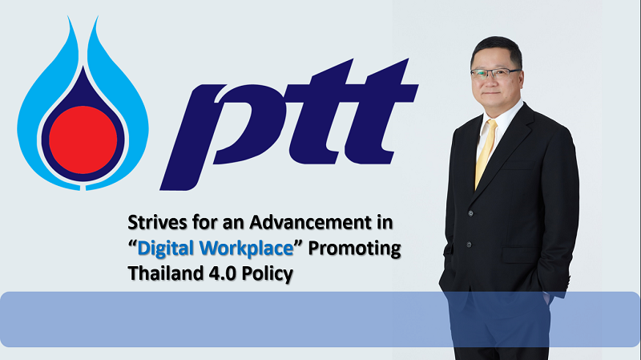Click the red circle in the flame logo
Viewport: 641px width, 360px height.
coord(83,140)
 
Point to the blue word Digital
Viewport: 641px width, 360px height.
coord(166,249)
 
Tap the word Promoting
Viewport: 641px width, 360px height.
coord(354,249)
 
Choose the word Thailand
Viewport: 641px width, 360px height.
coord(166,273)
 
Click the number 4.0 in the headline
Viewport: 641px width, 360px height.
coord(223,273)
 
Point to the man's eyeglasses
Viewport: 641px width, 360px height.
coord(495,74)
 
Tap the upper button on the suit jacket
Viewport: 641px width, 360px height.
coord(471,213)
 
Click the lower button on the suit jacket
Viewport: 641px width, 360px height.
coord(469,245)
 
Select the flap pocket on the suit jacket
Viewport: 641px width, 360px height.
coord(519,253)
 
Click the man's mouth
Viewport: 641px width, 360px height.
coord(491,93)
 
